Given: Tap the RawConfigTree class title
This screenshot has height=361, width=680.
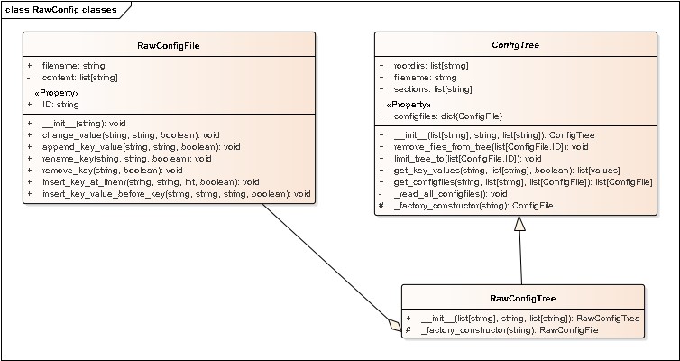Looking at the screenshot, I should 522,298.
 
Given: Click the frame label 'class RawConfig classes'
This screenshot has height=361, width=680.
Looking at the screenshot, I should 59,8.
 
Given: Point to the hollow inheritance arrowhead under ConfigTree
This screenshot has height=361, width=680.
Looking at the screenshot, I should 519,225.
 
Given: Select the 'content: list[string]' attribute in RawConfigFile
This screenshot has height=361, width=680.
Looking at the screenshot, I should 79,78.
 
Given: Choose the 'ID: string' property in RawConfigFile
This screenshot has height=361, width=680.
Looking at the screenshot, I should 60,105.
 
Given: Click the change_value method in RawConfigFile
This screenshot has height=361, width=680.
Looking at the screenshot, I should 131,134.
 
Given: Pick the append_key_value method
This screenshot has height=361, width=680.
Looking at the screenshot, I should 141,146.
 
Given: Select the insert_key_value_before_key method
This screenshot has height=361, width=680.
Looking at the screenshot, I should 176,193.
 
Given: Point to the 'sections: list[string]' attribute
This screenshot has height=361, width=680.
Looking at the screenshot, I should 433,89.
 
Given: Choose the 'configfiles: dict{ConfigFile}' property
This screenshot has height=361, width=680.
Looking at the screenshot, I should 448,116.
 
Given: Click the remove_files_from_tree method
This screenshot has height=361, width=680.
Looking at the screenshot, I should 492,146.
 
